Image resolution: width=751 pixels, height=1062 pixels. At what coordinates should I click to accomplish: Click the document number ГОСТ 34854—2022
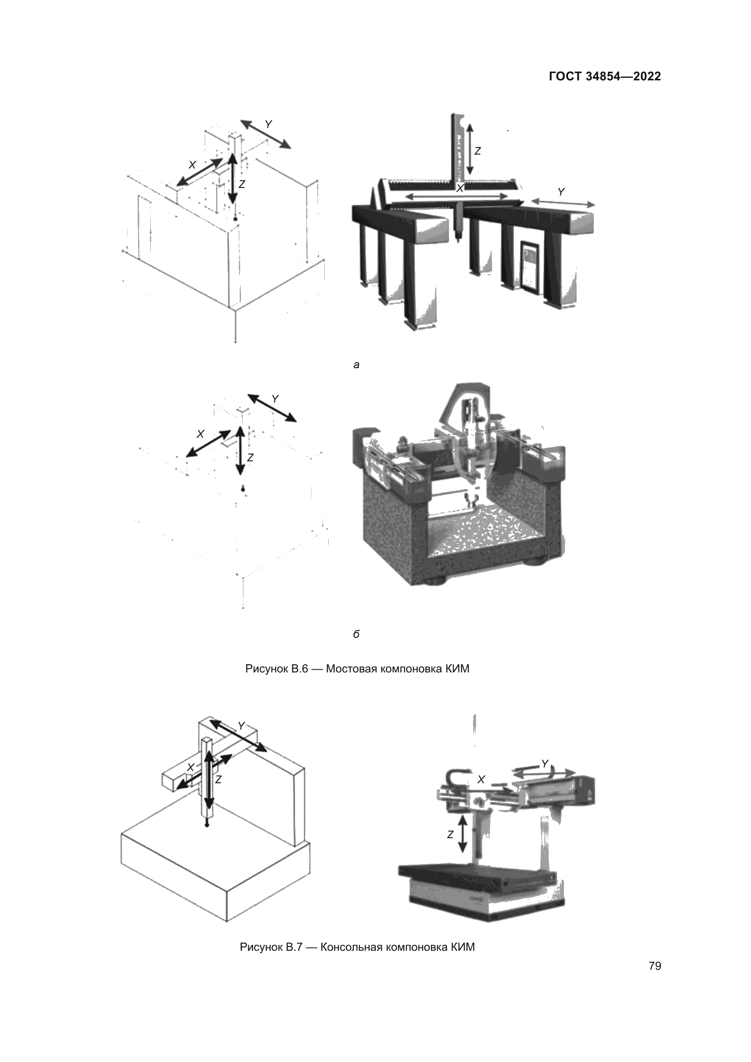click(604, 76)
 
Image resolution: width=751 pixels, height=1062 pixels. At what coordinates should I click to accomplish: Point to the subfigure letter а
click(356, 365)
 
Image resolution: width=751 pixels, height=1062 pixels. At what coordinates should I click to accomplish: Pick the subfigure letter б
click(356, 634)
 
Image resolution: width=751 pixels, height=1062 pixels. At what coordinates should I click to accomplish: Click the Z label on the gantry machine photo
click(478, 151)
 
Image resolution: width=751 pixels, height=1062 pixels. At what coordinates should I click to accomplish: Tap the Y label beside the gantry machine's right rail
click(561, 192)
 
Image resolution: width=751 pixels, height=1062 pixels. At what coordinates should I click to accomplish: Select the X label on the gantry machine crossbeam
click(460, 188)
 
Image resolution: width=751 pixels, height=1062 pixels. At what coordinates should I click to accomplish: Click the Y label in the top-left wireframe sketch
click(268, 124)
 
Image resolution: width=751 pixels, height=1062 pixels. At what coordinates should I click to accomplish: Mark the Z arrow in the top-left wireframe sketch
click(232, 178)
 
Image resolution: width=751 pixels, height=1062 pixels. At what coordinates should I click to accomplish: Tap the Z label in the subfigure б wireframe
click(250, 458)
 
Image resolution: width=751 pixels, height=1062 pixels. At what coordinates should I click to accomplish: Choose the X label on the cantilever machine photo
click(481, 780)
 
